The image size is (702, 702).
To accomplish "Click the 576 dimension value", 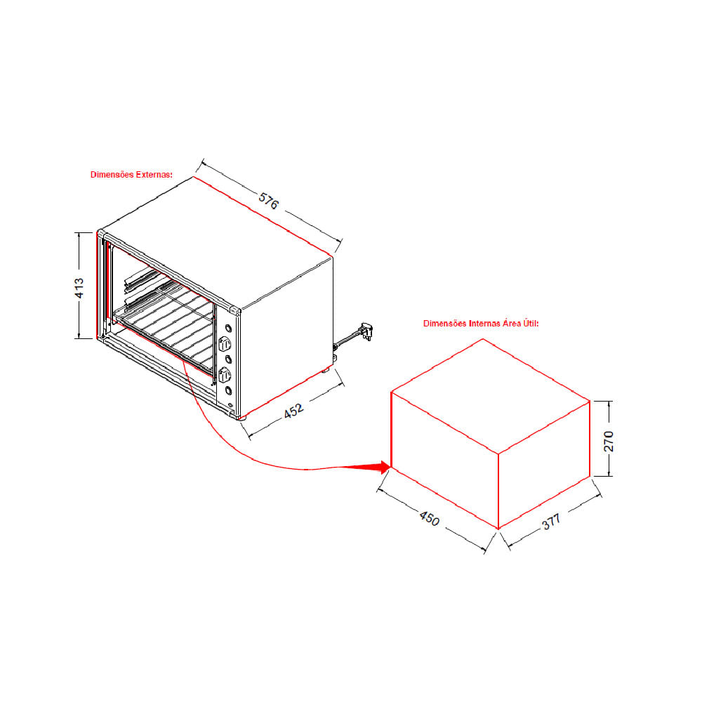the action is point(269,201).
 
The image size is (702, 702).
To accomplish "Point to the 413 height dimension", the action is point(79,288).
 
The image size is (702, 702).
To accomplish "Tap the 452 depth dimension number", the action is point(293,411).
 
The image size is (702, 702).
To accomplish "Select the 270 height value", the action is point(609,441).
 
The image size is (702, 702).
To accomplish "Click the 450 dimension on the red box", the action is point(430,518).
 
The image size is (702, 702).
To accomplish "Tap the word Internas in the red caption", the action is point(484,323).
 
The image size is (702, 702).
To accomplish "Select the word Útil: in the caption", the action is point(531,323).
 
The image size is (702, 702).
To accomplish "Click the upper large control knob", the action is point(225,344).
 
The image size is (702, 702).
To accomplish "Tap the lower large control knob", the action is point(225,374).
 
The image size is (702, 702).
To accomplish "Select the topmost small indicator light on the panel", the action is point(228,329).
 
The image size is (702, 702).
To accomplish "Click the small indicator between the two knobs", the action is point(228,359).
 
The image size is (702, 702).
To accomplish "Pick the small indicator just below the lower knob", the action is point(228,390).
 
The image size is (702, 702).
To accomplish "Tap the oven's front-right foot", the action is point(242,418).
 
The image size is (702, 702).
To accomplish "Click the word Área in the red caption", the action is point(512,323).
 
